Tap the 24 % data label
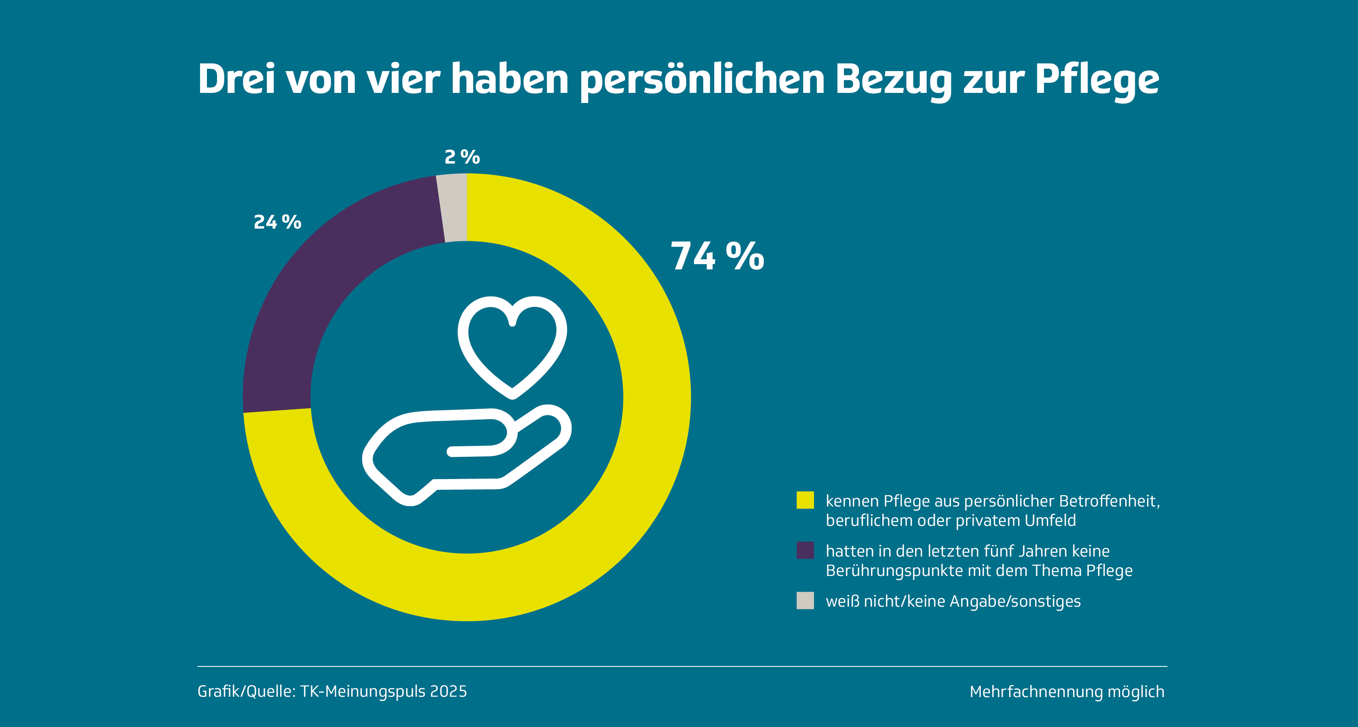277,222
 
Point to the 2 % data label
462,157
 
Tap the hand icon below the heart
464,453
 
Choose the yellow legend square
805,500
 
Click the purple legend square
805,550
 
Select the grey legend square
805,601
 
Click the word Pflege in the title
1097,80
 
